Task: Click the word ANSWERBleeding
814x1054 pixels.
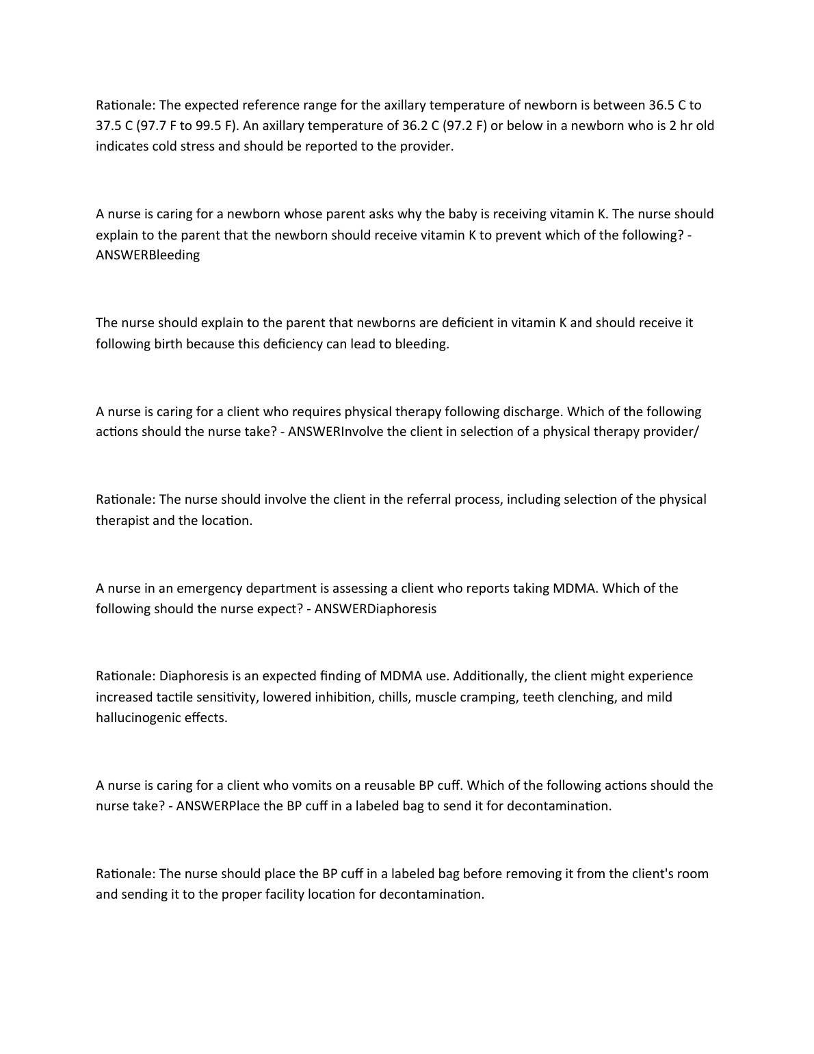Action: pos(148,255)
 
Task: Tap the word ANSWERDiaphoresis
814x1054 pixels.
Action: pos(376,609)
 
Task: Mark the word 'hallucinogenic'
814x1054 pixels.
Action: pos(140,718)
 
